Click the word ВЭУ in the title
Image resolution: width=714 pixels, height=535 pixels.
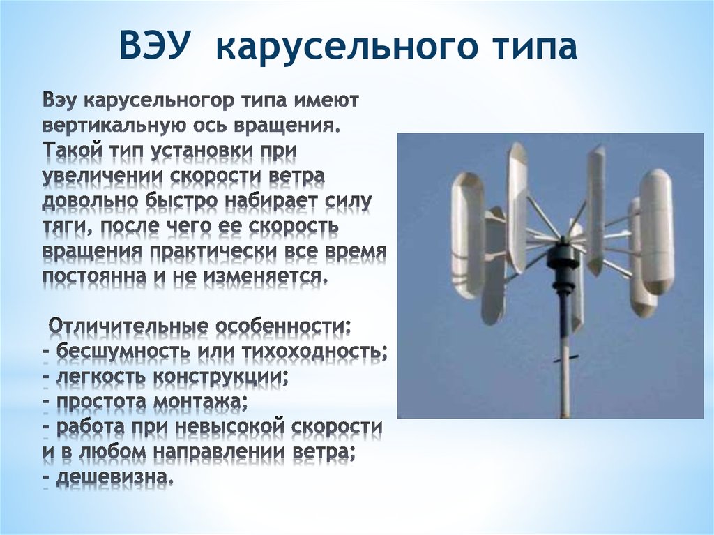(154, 45)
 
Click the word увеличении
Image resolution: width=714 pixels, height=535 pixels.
(103, 176)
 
